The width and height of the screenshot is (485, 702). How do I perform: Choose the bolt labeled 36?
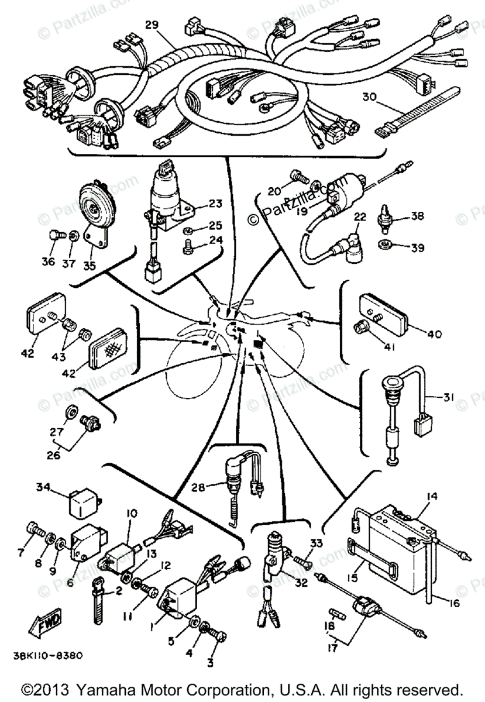(x=56, y=236)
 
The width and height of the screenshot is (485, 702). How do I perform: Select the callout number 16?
(x=453, y=603)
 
